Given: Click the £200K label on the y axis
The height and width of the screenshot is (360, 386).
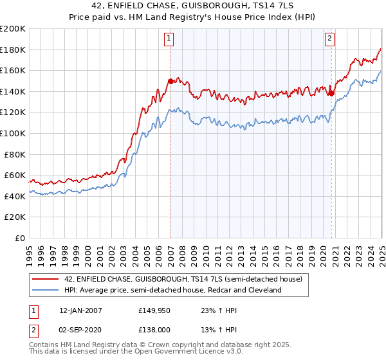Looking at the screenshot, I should pos(13,29).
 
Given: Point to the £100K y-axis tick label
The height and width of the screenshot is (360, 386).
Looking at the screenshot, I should pos(13,133).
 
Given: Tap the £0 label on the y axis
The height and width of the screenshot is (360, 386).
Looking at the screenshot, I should pos(21,238).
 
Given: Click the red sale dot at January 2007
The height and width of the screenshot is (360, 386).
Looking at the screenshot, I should pos(170,81).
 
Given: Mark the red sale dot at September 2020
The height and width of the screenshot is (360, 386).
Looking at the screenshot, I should pos(331,93).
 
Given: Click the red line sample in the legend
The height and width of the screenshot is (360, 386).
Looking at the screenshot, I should pos(46,278).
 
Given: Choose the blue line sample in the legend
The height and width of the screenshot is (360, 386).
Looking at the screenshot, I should pos(46,291).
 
